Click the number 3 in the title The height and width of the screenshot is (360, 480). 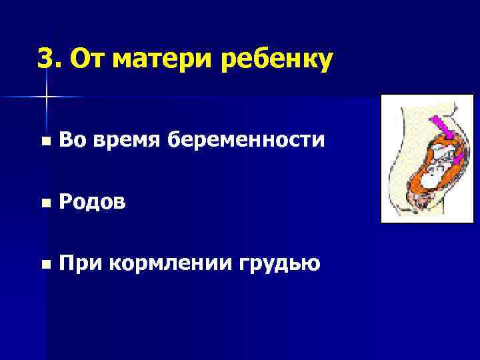[45, 59]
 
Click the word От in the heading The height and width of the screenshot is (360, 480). [86, 59]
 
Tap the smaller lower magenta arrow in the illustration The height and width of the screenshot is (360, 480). [459, 159]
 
